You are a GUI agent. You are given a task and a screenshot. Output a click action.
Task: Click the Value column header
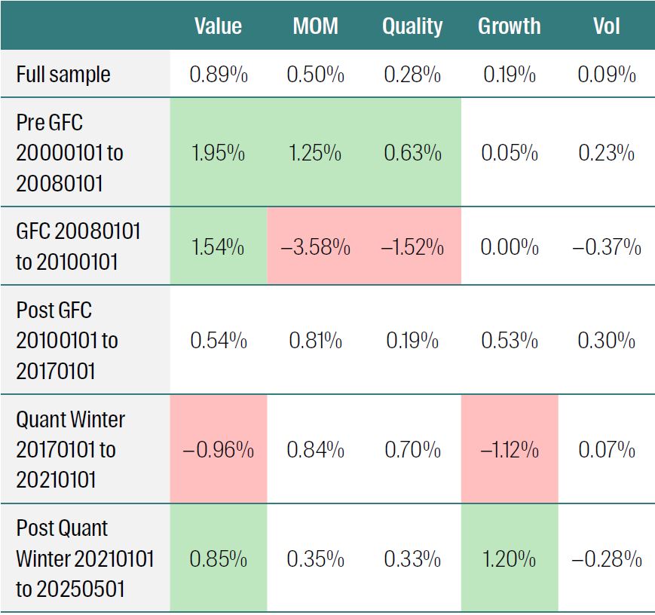(218, 26)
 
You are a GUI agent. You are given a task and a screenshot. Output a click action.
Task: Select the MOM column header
(315, 26)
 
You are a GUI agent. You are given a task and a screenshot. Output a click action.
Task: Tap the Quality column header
(412, 26)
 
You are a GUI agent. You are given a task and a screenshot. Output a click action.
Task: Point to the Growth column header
(509, 26)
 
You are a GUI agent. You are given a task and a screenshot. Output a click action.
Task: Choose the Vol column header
(606, 26)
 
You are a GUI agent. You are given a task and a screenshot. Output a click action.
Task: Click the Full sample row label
(63, 75)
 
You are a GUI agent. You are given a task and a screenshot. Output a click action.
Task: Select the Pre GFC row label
(69, 153)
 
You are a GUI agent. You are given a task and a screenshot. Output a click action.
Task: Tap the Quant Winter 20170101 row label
(70, 450)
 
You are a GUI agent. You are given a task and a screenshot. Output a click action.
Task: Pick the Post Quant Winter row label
(84, 558)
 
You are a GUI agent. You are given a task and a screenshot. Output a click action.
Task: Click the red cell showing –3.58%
(315, 247)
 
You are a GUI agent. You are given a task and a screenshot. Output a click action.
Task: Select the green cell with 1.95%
(218, 153)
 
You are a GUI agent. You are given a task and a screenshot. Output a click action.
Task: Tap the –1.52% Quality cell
(412, 247)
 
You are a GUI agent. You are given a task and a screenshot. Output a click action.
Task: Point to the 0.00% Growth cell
(509, 247)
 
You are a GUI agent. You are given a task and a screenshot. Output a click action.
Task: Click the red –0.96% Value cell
(218, 450)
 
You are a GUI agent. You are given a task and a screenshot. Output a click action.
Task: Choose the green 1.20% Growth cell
(509, 559)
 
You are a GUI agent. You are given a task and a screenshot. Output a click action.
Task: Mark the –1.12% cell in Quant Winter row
(509, 450)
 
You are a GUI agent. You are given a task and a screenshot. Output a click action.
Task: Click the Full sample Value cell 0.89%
(218, 75)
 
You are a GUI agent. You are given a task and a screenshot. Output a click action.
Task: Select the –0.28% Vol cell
(606, 559)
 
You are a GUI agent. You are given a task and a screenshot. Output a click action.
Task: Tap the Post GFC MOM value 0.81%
(315, 340)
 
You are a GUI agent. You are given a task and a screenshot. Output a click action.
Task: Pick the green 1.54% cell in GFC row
(218, 247)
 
